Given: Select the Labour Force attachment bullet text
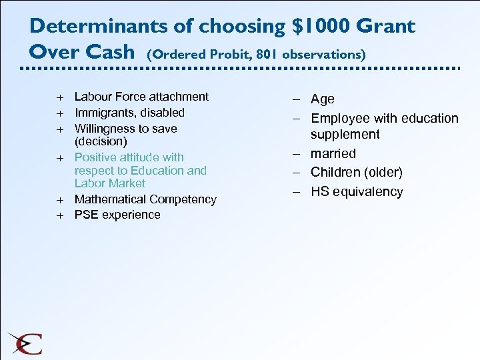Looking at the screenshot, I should pos(141,97).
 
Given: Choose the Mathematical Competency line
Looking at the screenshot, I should pos(145,199).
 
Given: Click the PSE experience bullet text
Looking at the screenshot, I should pos(117,215).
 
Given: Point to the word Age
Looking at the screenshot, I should pos(323,99).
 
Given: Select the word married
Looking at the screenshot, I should pos(333,153).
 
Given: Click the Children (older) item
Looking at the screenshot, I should pos(357,173).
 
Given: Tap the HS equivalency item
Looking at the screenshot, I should pos(357,192).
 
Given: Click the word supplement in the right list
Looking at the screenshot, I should pos(345,135).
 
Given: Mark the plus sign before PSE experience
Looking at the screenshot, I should pos(59,215).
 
